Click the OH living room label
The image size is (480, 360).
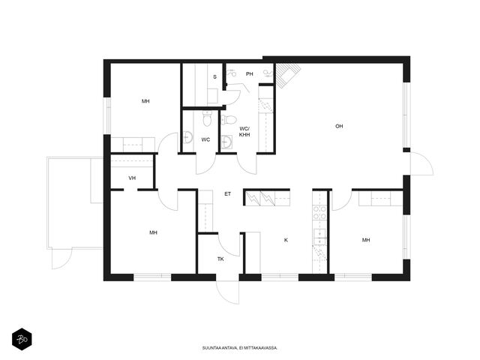[x=339, y=126]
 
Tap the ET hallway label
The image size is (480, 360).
[x=227, y=194]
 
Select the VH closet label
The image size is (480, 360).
[x=132, y=178]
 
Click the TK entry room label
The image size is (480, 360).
[x=220, y=259]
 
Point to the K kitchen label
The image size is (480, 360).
[x=286, y=240]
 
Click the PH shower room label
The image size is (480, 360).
[x=250, y=73]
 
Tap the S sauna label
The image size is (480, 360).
[x=214, y=76]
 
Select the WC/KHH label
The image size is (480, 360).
[x=244, y=132]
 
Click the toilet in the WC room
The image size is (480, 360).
[x=207, y=118]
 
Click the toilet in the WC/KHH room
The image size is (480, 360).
[x=229, y=120]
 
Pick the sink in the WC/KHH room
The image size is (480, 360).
[x=226, y=142]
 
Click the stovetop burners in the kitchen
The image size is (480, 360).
[x=319, y=213]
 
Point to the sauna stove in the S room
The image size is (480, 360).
[x=212, y=97]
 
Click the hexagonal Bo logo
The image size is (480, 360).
[x=22, y=339]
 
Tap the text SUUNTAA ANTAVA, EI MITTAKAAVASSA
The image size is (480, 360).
[x=240, y=348]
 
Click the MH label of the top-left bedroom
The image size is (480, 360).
[x=145, y=101]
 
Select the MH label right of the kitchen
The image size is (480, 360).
[x=366, y=240]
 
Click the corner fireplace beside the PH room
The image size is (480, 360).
[x=286, y=74]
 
